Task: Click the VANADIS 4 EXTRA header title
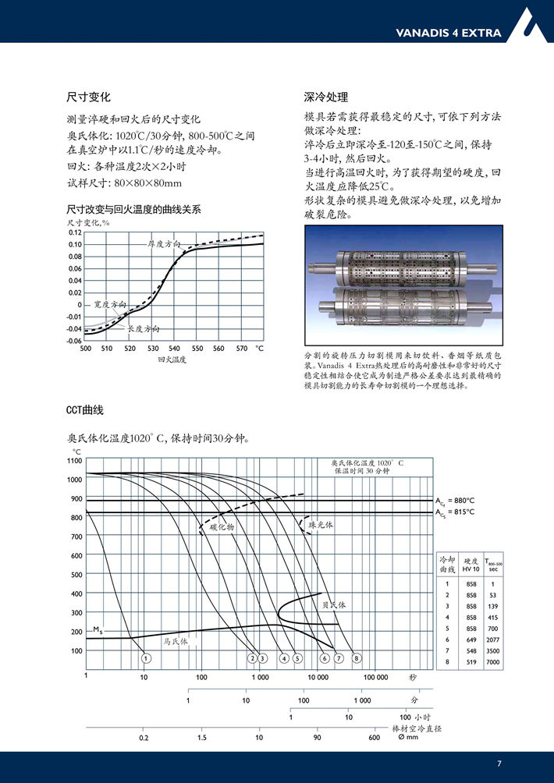(448, 34)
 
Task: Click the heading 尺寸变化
(88, 97)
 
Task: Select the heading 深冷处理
(325, 97)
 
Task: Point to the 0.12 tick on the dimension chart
(74, 232)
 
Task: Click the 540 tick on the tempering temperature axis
(175, 349)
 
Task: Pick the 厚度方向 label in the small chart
(164, 244)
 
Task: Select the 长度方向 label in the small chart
(144, 329)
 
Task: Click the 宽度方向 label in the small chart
(109, 304)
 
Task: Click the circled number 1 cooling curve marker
(146, 658)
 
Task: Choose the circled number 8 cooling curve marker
(356, 658)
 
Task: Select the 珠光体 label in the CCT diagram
(320, 526)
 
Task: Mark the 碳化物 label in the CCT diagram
(222, 527)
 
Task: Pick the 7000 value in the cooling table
(493, 662)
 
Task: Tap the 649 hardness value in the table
(471, 639)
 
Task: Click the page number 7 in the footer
(499, 763)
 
